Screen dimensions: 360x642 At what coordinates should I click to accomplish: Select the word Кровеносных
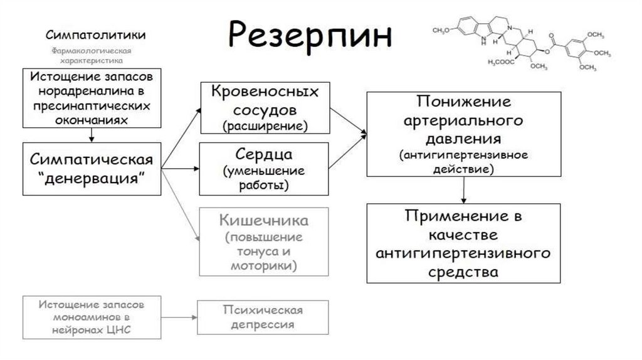[x=264, y=93]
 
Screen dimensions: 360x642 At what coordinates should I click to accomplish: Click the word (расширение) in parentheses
[x=264, y=125]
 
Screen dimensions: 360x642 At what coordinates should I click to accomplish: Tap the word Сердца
[x=264, y=154]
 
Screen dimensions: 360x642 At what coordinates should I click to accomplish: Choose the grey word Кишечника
[x=264, y=221]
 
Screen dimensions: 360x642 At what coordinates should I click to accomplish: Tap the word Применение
[x=463, y=217]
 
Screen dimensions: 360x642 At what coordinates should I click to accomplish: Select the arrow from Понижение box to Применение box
[x=463, y=189]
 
